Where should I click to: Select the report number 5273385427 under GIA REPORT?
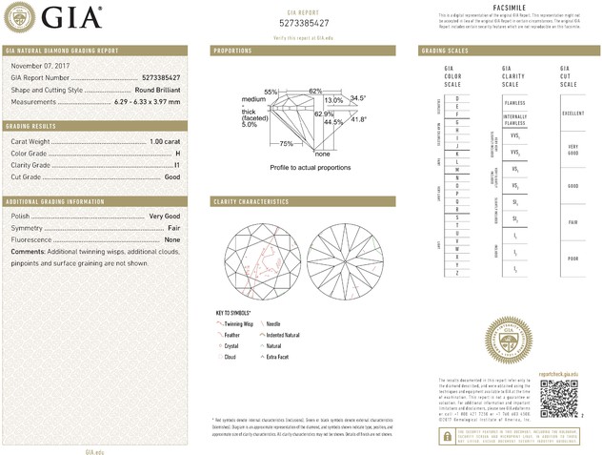pyautogui.click(x=304, y=22)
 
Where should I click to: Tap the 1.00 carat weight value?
pyautogui.click(x=165, y=142)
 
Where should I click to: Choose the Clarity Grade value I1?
pyautogui.click(x=177, y=165)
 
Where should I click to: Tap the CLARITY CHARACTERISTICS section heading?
pyautogui.click(x=251, y=202)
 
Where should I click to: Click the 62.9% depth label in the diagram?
pyautogui.click(x=324, y=114)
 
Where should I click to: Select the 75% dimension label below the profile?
pyautogui.click(x=286, y=143)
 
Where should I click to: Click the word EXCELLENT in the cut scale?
pyautogui.click(x=572, y=114)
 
